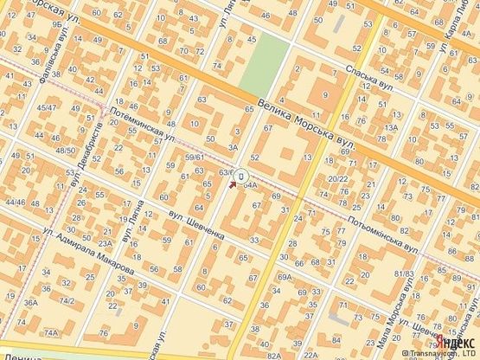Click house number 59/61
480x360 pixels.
tap(194, 157)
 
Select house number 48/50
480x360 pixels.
tap(65, 151)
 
